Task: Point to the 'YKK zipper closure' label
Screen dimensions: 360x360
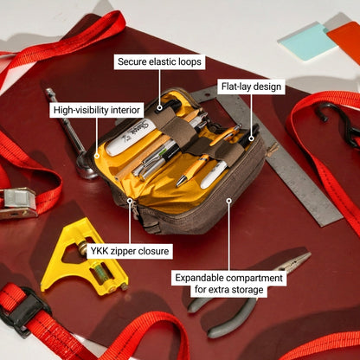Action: point(130,251)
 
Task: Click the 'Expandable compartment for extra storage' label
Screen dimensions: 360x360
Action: point(228,284)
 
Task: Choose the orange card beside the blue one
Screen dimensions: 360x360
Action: point(344,39)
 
